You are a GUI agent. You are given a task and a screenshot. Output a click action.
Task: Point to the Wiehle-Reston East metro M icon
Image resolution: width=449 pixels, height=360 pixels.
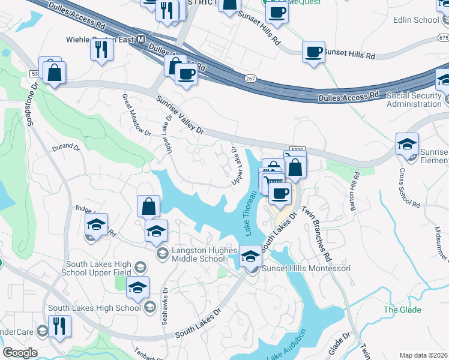coord(141,40)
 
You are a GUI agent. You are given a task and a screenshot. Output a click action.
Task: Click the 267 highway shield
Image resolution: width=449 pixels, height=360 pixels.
coord(251,79)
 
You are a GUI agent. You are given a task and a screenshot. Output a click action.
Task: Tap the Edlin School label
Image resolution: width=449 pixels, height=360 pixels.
coord(416,20)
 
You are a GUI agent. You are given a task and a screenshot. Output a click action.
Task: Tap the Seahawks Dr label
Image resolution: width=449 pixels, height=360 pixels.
coord(165,307)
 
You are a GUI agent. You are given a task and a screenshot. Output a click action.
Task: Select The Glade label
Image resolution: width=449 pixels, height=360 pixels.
coord(402,310)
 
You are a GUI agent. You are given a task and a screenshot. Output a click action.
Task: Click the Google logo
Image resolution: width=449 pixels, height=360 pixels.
coord(20,352)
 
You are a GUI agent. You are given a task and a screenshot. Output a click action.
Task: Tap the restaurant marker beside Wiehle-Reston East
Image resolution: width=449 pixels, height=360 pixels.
coord(101,49)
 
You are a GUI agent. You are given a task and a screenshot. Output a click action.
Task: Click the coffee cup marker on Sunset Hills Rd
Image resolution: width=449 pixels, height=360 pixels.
coord(313,52)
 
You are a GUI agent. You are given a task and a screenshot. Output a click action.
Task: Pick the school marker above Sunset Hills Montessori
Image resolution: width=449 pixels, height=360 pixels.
coord(250,255)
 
